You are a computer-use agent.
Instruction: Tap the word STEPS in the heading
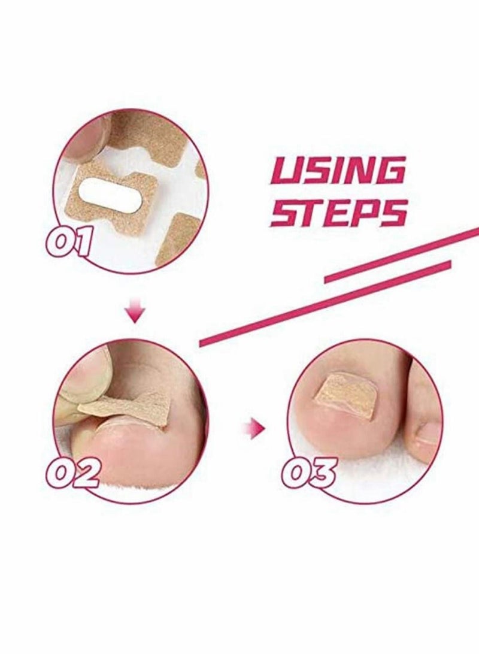click(x=338, y=212)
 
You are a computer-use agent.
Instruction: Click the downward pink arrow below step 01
click(x=137, y=313)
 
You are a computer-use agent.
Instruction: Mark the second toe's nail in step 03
click(x=428, y=432)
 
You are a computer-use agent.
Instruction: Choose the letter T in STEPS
click(x=311, y=212)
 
